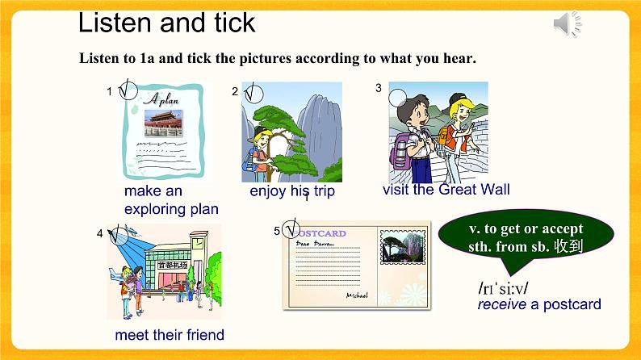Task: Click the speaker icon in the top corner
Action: point(568,26)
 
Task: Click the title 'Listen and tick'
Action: point(166,23)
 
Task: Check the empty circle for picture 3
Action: point(398,98)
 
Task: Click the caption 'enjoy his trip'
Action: point(291,191)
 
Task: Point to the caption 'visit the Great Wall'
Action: point(446,190)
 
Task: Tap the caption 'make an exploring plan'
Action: point(171,200)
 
